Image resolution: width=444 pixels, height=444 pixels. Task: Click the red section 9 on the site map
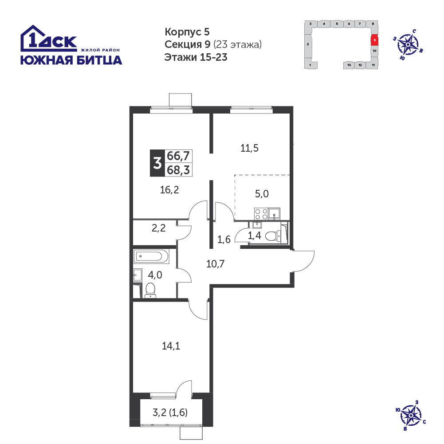tap(374, 40)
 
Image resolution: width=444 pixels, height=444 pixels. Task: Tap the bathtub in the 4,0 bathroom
tap(151, 256)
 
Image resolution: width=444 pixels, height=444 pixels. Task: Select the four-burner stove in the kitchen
tap(261, 214)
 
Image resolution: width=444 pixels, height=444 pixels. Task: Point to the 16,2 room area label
tap(169, 190)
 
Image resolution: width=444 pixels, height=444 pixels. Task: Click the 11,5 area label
tap(249, 148)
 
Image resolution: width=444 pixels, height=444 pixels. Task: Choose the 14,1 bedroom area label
tap(171, 346)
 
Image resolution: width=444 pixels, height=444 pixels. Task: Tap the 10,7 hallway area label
tap(215, 264)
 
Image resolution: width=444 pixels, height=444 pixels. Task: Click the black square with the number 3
tap(157, 163)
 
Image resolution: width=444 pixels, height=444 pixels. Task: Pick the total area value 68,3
tap(178, 170)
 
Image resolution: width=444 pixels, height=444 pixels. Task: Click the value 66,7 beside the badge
tap(178, 156)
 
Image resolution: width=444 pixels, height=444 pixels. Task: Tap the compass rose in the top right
tap(408, 45)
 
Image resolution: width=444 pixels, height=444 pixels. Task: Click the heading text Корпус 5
tap(187, 32)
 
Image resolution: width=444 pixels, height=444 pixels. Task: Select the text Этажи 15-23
tap(196, 57)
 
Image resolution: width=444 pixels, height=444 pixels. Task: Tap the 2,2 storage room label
tap(159, 228)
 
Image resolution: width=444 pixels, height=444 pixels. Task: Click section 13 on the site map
tap(349, 65)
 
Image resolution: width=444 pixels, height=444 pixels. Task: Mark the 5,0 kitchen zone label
tap(262, 194)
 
